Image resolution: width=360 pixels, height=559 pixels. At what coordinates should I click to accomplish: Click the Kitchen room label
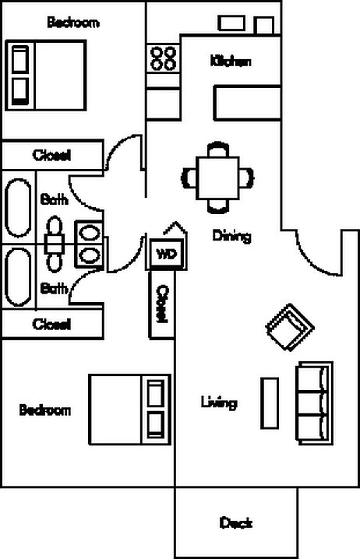click(231, 62)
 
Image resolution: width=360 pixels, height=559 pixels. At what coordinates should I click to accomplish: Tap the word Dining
click(232, 236)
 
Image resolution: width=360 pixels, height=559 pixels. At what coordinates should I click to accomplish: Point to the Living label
click(219, 403)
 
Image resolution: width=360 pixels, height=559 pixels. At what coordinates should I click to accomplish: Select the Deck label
click(236, 523)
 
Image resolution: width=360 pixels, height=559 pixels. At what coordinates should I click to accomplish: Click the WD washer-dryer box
click(167, 254)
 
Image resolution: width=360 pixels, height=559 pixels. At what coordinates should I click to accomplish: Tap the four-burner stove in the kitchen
click(163, 58)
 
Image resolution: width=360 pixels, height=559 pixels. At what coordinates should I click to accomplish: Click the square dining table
click(217, 178)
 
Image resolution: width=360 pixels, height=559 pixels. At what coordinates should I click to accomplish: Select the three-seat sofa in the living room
click(315, 403)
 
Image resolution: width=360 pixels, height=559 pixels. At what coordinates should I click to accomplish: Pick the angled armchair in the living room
click(290, 327)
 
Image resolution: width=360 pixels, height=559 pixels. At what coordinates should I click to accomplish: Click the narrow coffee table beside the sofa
click(270, 403)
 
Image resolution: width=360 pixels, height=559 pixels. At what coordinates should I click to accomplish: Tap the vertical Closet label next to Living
click(162, 304)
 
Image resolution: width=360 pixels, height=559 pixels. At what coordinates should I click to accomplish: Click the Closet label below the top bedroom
click(51, 156)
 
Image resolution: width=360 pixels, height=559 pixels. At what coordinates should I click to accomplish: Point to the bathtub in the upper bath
click(18, 208)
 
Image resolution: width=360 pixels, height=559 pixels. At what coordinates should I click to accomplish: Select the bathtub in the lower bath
click(18, 277)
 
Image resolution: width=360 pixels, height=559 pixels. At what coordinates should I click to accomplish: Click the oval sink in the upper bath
click(89, 233)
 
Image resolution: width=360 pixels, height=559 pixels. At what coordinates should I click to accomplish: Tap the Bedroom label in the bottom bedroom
click(45, 410)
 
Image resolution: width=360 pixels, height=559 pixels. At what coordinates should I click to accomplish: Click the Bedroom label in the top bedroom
click(73, 23)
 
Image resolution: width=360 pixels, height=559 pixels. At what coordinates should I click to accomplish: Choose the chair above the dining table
click(218, 149)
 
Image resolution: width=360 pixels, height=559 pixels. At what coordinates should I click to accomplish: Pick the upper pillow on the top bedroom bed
click(20, 59)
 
